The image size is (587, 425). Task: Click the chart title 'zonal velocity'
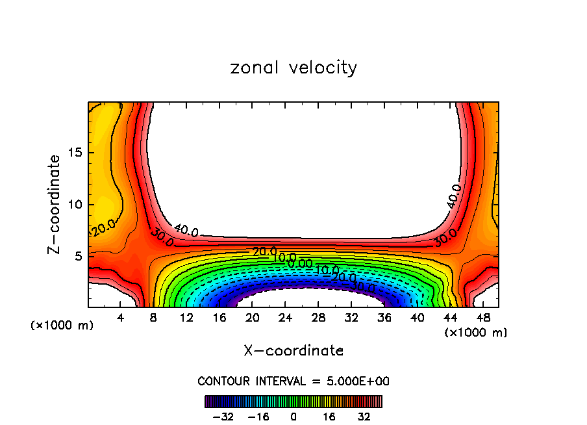point(293,68)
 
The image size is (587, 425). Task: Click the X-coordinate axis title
point(293,350)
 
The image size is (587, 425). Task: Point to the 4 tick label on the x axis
point(121,318)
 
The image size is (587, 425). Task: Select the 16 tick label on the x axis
point(219,318)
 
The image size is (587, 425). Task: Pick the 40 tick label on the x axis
point(417,318)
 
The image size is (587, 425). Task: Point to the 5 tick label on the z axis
point(77,256)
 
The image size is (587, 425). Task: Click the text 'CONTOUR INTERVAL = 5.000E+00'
point(293,381)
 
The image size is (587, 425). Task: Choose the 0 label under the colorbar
point(293,416)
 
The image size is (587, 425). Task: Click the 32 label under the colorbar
point(364,416)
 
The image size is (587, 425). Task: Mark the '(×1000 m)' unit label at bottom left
point(62,325)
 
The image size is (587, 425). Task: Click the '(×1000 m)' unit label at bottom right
point(476,332)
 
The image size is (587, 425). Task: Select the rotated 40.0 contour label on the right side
point(455,196)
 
